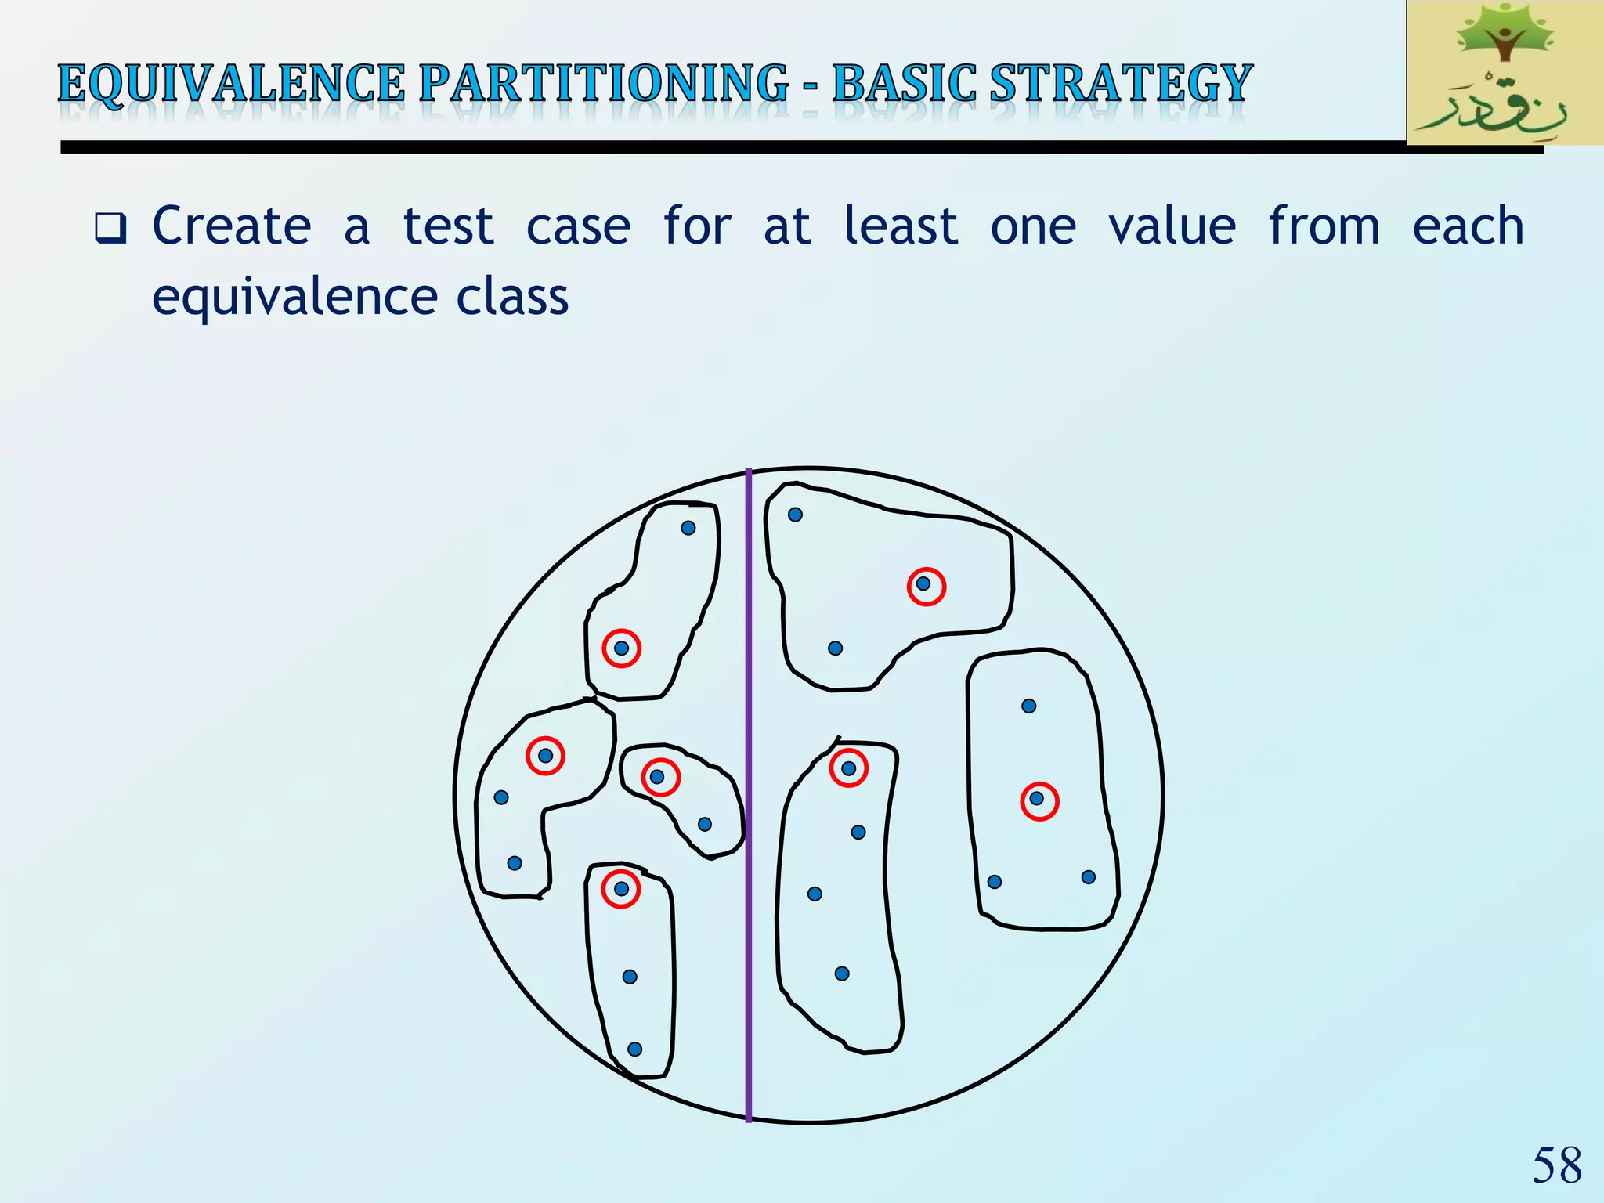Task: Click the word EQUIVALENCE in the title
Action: pyautogui.click(x=231, y=85)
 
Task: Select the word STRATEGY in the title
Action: pyautogui.click(x=1120, y=85)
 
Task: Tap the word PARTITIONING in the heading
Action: pyautogui.click(x=603, y=85)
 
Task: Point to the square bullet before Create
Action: pyautogui.click(x=110, y=228)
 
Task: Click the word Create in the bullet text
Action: pyautogui.click(x=232, y=226)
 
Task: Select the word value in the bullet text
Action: pyautogui.click(x=1172, y=226)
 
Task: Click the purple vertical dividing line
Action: pyautogui.click(x=749, y=940)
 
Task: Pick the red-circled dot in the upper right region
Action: pyautogui.click(x=924, y=584)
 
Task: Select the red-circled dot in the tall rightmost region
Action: pyautogui.click(x=1037, y=799)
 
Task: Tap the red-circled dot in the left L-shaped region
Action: pyautogui.click(x=546, y=756)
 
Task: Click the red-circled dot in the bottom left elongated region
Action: pyautogui.click(x=621, y=889)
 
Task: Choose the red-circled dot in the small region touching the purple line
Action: pyautogui.click(x=658, y=777)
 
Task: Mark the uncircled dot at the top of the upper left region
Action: pyautogui.click(x=688, y=528)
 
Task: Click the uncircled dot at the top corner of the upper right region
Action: pyautogui.click(x=795, y=515)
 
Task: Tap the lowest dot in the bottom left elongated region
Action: pyautogui.click(x=635, y=1049)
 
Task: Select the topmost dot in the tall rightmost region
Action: pyautogui.click(x=1029, y=706)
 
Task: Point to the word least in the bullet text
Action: pyautogui.click(x=901, y=226)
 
